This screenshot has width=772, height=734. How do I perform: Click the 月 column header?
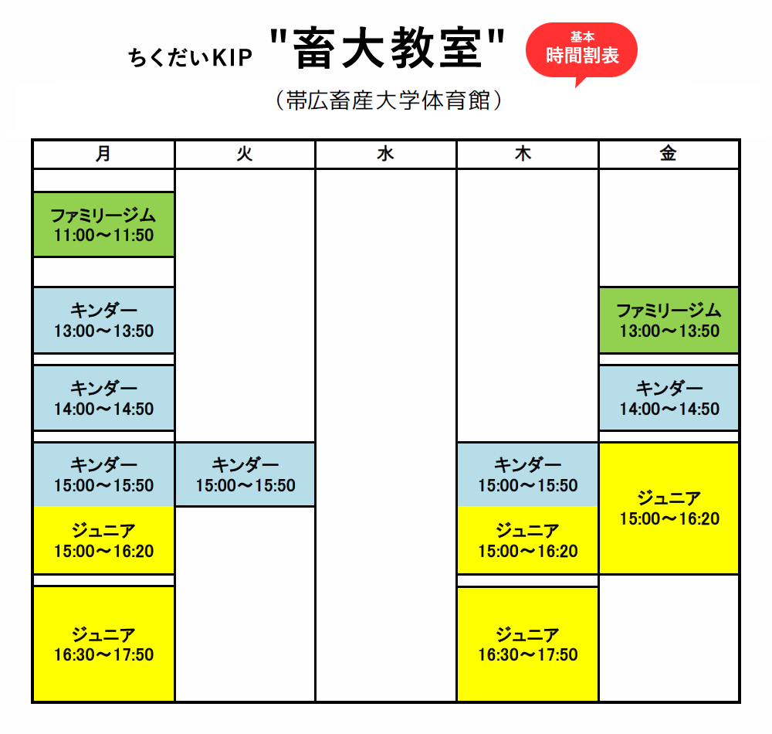pyautogui.click(x=103, y=155)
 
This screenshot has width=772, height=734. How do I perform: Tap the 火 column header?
pyautogui.click(x=245, y=155)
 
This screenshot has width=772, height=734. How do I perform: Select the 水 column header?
pyautogui.click(x=385, y=155)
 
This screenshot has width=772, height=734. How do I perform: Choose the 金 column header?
pyautogui.click(x=669, y=155)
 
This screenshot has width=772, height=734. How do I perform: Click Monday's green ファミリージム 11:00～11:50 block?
pyautogui.click(x=103, y=225)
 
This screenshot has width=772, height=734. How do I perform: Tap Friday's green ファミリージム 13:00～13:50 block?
pyautogui.click(x=669, y=320)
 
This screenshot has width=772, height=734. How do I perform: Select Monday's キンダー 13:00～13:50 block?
pyautogui.click(x=103, y=320)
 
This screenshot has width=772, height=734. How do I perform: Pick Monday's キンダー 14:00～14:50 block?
pyautogui.click(x=103, y=398)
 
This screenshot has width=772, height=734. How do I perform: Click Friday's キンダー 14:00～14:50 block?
pyautogui.click(x=669, y=398)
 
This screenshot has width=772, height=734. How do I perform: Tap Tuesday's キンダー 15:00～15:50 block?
pyautogui.click(x=245, y=474)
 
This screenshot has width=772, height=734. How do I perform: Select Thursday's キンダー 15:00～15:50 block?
pyautogui.click(x=527, y=474)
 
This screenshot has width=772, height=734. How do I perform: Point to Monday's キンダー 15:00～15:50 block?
pyautogui.click(x=103, y=474)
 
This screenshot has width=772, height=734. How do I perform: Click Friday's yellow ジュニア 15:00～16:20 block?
pyautogui.click(x=669, y=508)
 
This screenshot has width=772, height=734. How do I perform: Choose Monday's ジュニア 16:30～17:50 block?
pyautogui.click(x=103, y=644)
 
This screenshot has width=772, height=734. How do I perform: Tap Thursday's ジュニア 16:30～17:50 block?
pyautogui.click(x=527, y=644)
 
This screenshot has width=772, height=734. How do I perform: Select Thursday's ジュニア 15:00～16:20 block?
pyautogui.click(x=527, y=540)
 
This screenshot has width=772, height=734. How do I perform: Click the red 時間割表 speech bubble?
pyautogui.click(x=581, y=50)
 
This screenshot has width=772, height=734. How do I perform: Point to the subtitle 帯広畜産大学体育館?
pyautogui.click(x=388, y=101)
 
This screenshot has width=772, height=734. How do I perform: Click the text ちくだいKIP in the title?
pyautogui.click(x=190, y=58)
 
